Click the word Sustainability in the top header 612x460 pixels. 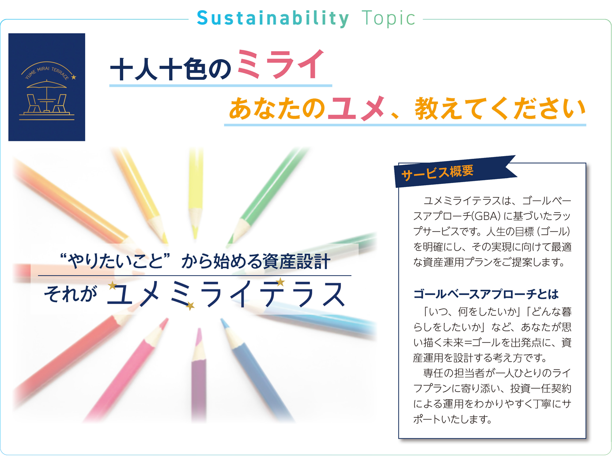coord(273,19)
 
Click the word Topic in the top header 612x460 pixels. coord(388,19)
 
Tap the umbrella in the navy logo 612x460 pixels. coord(46,84)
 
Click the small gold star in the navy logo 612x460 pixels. coord(74,77)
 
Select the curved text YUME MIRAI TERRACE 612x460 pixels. coord(46,71)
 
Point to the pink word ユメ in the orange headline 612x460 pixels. coord(356,108)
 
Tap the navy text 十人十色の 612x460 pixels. coord(170,69)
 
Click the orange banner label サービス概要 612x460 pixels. coord(437,172)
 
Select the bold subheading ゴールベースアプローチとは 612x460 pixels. coord(486,294)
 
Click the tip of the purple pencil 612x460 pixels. coord(199,330)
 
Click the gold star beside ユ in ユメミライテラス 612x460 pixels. coord(112,285)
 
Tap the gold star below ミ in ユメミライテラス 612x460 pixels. coord(190,306)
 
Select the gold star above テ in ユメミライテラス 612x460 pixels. coord(280,282)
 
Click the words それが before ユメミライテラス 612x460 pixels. coord(71,294)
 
